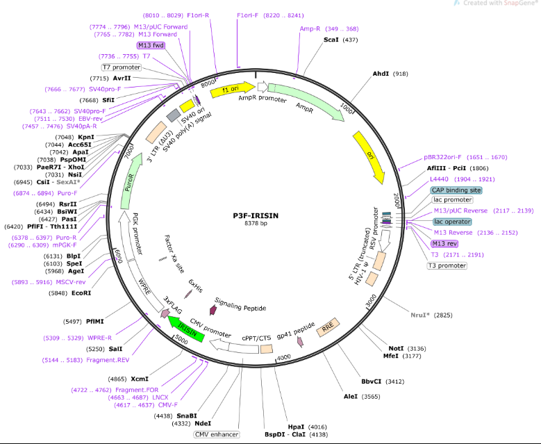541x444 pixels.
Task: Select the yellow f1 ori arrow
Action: [232, 90]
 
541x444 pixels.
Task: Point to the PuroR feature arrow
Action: [131, 181]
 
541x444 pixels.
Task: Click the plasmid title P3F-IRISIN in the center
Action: [256, 216]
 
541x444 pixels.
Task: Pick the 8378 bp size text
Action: [256, 223]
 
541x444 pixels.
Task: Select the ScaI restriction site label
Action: [331, 40]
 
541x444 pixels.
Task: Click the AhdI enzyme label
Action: [381, 74]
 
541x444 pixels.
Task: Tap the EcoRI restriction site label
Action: [81, 293]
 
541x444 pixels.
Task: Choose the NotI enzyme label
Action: [396, 348]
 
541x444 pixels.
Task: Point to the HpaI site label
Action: [296, 427]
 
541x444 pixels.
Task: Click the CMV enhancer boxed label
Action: [217, 434]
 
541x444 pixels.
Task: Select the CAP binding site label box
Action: [456, 190]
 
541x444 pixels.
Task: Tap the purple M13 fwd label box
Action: [151, 45]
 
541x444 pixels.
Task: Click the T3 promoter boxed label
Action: [447, 265]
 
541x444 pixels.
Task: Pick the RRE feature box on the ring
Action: [328, 327]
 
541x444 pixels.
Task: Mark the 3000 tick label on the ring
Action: [371, 302]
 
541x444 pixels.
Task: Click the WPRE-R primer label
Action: [99, 338]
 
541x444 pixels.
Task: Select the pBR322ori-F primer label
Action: [442, 158]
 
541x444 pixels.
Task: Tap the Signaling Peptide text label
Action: [240, 304]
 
